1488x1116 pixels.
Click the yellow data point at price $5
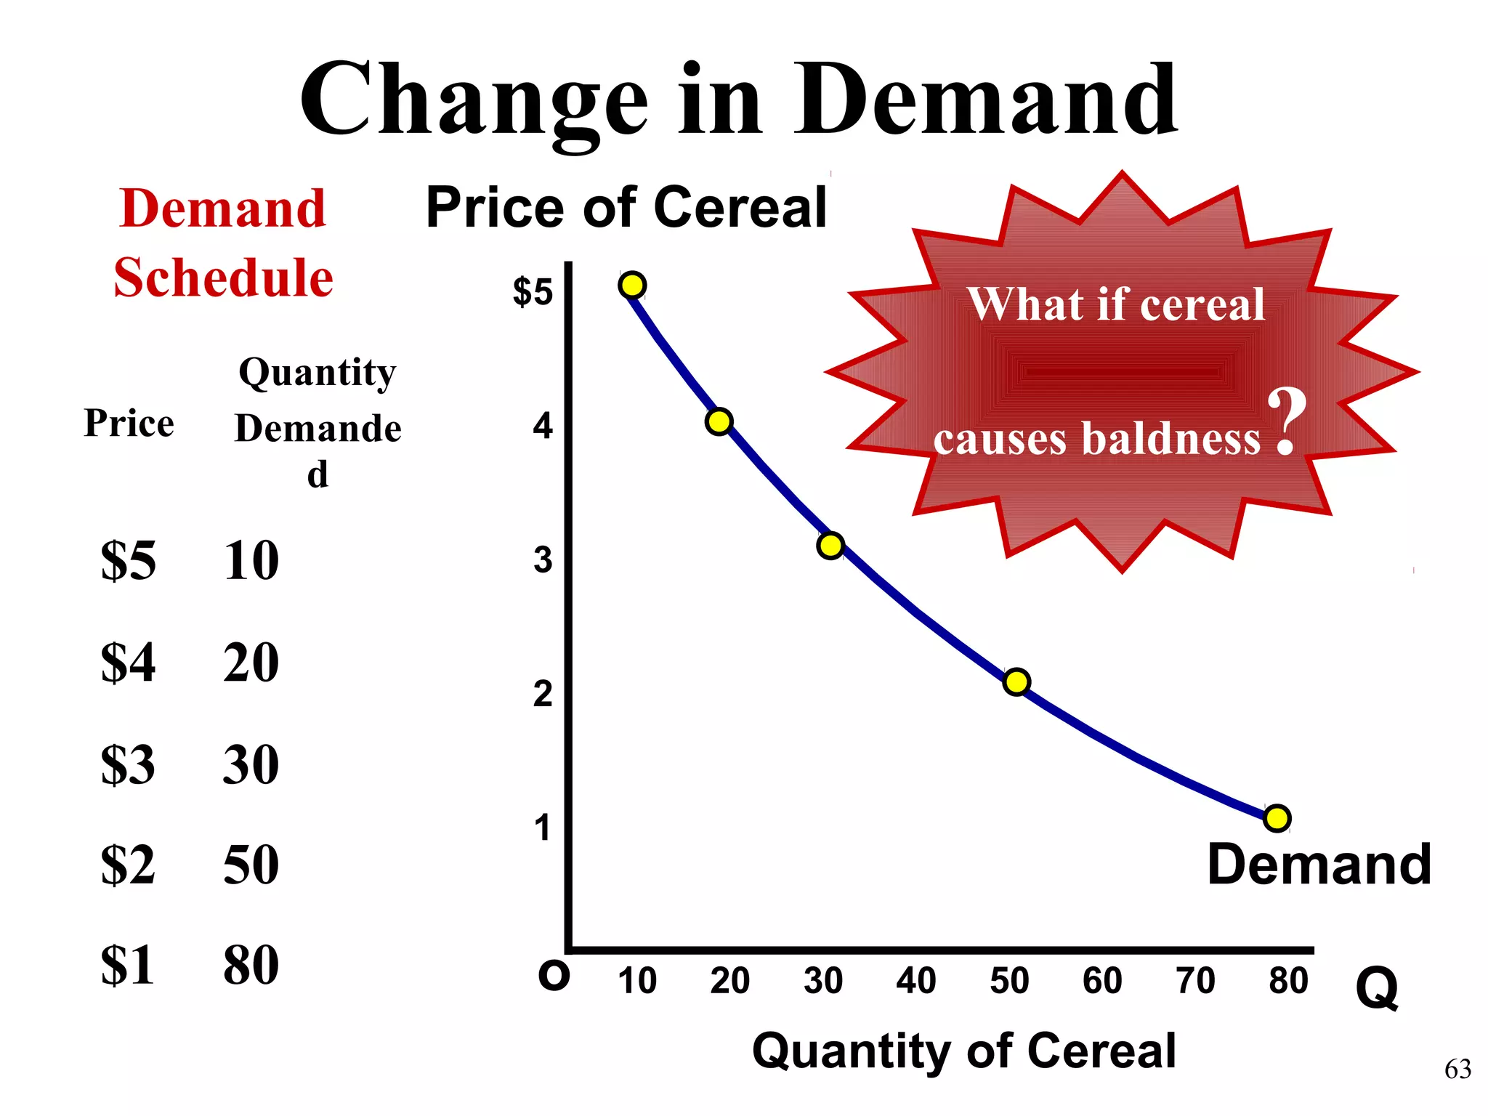(x=632, y=285)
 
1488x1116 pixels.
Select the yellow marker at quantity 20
(x=719, y=421)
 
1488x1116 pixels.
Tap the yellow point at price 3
(x=830, y=545)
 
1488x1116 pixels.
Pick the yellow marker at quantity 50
(x=1016, y=682)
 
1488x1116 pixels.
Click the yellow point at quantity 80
(x=1277, y=818)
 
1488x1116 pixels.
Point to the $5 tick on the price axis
(x=533, y=292)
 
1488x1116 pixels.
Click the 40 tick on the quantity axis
(x=915, y=981)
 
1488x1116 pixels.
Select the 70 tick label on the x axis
(x=1195, y=981)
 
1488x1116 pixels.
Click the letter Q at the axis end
(x=1376, y=988)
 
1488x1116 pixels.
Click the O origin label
(x=554, y=976)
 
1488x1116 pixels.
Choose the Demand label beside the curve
(x=1319, y=865)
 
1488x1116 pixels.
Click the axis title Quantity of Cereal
(x=963, y=1051)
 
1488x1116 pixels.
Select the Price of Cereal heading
(x=626, y=208)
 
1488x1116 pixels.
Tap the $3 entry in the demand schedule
(x=128, y=764)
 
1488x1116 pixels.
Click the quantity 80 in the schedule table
(x=251, y=966)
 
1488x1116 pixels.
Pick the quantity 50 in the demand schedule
(x=251, y=865)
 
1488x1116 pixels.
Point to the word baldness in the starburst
(x=1171, y=439)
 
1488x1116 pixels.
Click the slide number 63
(x=1457, y=1069)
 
